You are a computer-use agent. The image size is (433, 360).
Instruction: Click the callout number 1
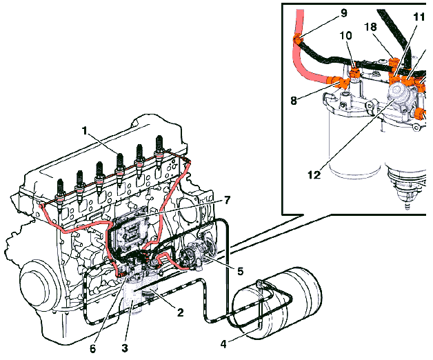point(84,129)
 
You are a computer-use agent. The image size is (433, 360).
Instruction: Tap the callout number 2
point(180,312)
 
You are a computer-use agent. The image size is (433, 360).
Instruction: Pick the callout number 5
point(239,271)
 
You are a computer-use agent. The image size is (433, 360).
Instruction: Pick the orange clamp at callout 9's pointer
point(297,38)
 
